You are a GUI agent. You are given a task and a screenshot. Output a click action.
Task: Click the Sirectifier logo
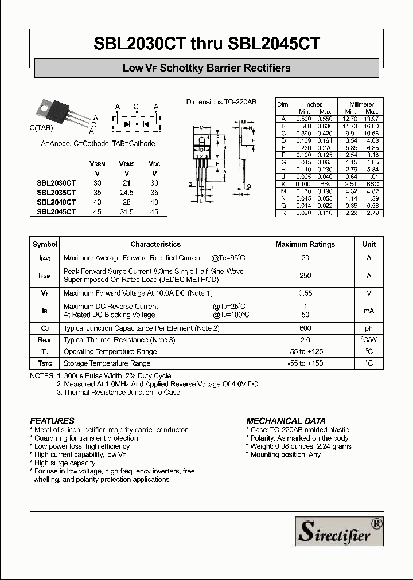tap(340, 531)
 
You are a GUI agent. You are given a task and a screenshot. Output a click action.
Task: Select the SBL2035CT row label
tap(56, 193)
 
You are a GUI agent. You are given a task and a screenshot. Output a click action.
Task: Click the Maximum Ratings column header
tap(305, 244)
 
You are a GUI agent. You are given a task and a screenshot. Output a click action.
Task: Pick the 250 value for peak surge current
tap(305, 276)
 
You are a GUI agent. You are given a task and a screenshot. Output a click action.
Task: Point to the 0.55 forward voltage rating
tap(305, 293)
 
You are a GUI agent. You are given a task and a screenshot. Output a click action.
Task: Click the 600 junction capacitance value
tap(305, 328)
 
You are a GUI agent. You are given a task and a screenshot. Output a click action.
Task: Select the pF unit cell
tap(369, 328)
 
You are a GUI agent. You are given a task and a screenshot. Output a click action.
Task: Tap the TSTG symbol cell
tap(45, 363)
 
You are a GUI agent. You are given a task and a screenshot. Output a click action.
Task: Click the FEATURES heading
tap(52, 421)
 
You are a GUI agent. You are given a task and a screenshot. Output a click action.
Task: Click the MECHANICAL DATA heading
tap(286, 421)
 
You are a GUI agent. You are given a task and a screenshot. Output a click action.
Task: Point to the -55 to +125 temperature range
tap(305, 351)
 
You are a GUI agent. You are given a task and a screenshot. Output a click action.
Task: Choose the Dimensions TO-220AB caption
tap(221, 102)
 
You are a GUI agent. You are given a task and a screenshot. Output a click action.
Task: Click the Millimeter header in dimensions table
tap(361, 104)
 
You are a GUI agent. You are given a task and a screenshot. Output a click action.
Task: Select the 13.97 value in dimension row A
tap(371, 119)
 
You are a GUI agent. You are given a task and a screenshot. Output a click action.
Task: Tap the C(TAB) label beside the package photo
tap(42, 127)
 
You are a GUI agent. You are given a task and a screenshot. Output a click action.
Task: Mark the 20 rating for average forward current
tap(305, 258)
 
